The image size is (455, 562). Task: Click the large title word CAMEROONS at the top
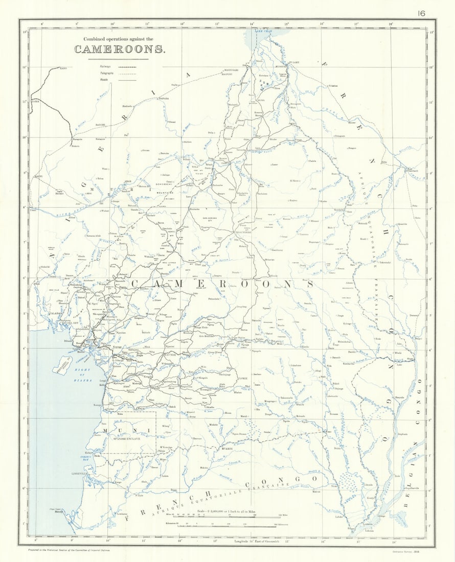120,49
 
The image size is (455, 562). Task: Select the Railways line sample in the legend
127,66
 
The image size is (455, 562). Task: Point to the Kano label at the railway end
63,68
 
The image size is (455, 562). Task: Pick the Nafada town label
163,98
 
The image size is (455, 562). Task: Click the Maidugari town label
232,69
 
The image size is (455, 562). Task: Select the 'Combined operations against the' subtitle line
119,39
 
